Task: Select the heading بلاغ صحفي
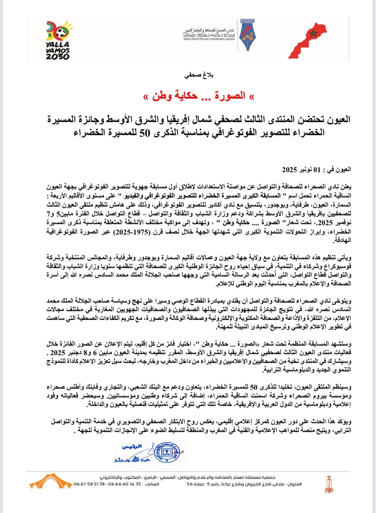(199, 75)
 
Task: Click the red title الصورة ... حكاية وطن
(199, 96)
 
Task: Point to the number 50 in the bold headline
(144, 133)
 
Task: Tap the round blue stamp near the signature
(167, 453)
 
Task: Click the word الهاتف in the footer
(152, 484)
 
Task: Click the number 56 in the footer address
(189, 484)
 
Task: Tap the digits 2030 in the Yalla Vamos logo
(58, 57)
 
